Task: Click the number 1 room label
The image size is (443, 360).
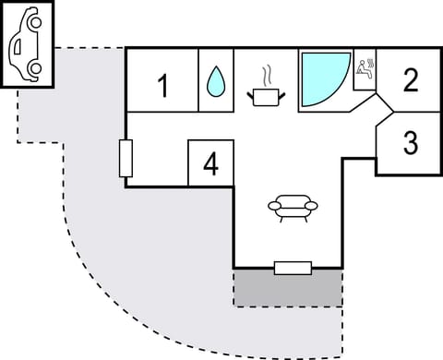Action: (x=163, y=88)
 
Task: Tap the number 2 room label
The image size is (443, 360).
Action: (x=411, y=81)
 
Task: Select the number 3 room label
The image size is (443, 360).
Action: (x=411, y=144)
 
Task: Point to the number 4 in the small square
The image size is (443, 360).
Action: (x=210, y=165)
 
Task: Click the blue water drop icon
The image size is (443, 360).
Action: (x=217, y=83)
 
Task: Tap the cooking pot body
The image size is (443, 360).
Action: (x=268, y=95)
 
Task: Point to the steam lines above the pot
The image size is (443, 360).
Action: (x=268, y=73)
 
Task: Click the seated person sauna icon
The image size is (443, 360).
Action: (x=365, y=68)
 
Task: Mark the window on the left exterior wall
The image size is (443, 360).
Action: (x=126, y=158)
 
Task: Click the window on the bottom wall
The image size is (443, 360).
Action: (x=293, y=268)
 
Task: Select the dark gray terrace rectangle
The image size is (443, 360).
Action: (x=287, y=290)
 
